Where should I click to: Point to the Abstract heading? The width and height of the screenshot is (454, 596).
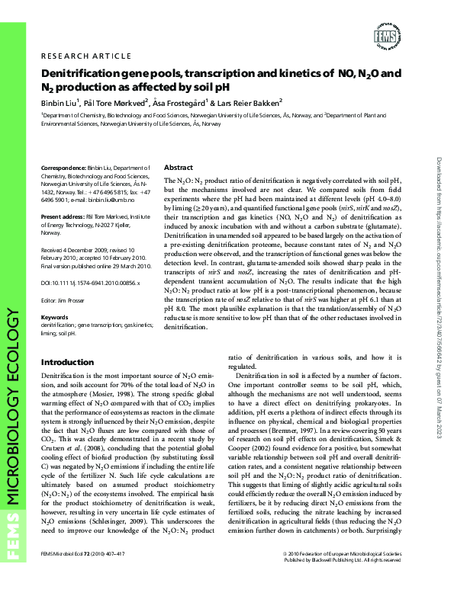[179, 167]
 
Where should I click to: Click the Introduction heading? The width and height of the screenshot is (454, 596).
[67, 362]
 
